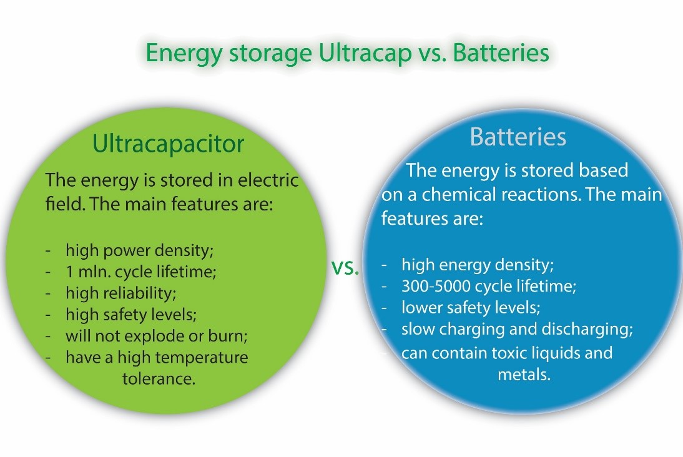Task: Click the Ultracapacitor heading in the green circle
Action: (x=168, y=144)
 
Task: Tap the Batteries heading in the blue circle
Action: (x=518, y=137)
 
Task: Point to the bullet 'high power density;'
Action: (x=140, y=250)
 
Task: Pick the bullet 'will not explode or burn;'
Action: (x=157, y=336)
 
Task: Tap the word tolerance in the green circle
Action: (x=159, y=379)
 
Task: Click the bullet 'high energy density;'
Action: (x=478, y=265)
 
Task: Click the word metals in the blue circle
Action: (x=524, y=376)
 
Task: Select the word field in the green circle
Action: (x=63, y=204)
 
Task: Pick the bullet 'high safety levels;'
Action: (x=135, y=315)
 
